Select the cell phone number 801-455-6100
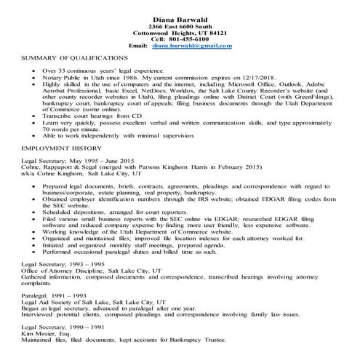[x=191, y=39]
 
